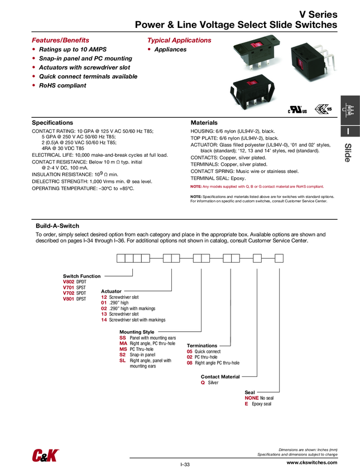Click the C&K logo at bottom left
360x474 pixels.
(45, 455)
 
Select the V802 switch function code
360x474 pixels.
(68, 282)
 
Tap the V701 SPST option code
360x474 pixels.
(68, 287)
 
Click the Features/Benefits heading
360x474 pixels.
(60, 40)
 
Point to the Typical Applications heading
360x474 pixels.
(179, 40)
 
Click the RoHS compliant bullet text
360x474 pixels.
(62, 85)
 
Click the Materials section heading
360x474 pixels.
(204, 122)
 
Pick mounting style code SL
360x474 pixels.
(123, 361)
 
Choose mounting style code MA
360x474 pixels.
(123, 344)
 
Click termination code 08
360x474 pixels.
(190, 362)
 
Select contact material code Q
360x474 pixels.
(203, 383)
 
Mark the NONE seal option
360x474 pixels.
(252, 398)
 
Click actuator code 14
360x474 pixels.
(104, 320)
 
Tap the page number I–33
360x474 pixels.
(185, 465)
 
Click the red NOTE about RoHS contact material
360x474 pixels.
(257, 186)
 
